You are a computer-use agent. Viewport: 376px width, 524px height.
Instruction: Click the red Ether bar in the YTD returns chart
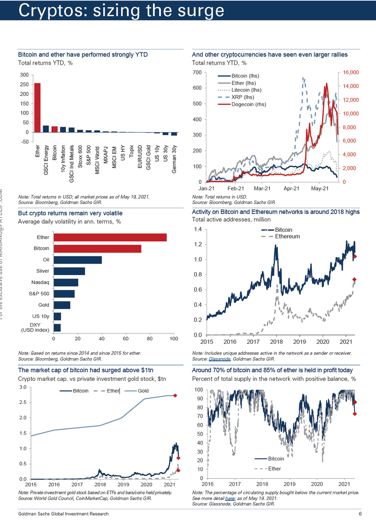(x=38, y=107)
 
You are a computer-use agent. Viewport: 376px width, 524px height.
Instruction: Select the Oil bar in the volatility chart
(x=78, y=260)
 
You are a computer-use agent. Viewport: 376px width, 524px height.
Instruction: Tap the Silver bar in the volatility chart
(x=69, y=271)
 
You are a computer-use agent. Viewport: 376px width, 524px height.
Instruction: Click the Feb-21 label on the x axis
(x=236, y=189)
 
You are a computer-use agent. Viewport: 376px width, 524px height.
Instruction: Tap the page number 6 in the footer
(x=360, y=514)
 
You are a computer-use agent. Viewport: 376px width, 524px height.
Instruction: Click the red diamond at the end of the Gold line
(x=174, y=396)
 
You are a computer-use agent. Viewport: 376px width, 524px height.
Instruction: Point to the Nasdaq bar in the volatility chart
(x=66, y=283)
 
